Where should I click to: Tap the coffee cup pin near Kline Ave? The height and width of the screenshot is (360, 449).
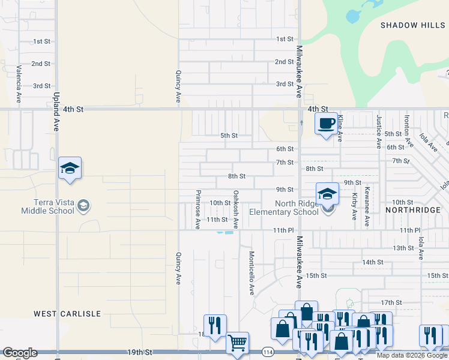tap(326, 124)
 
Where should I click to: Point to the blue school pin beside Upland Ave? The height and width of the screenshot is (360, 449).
tap(70, 169)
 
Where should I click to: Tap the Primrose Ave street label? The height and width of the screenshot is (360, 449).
tap(197, 209)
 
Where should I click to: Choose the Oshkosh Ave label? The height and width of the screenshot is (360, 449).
tap(236, 209)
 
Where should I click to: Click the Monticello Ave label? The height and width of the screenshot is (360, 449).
tap(252, 273)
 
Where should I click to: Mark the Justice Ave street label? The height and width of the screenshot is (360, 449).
tap(378, 131)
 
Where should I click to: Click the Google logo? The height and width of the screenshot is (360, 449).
tap(20, 353)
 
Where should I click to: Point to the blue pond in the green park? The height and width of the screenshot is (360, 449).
tap(355, 15)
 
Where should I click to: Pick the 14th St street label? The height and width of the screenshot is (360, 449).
tap(372, 262)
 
